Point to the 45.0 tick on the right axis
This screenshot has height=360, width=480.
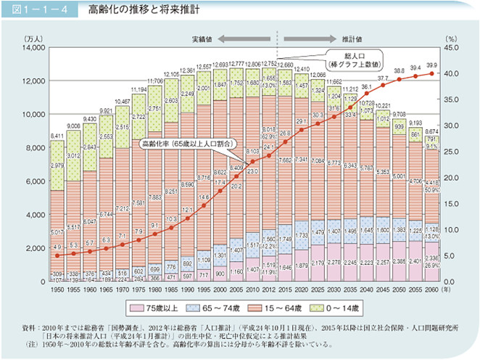(x=450, y=47)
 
